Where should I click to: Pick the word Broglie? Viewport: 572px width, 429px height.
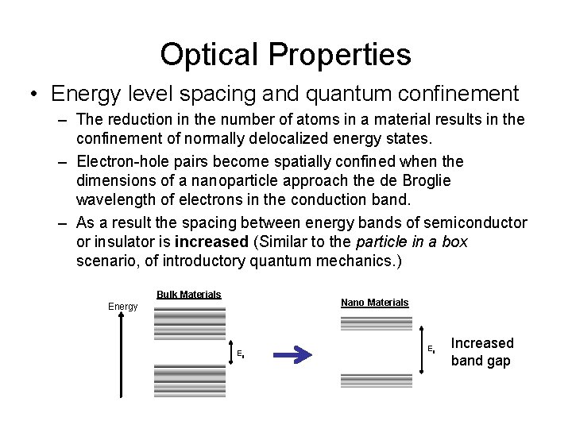420,180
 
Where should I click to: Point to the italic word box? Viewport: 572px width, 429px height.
454,241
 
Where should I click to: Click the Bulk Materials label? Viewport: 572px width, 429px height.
188,295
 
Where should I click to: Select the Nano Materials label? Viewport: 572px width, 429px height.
374,303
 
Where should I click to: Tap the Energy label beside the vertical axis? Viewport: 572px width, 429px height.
123,307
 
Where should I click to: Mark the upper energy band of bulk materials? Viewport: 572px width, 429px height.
189,323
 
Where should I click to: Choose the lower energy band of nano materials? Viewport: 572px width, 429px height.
377,381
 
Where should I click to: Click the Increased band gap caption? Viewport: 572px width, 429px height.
481,351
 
